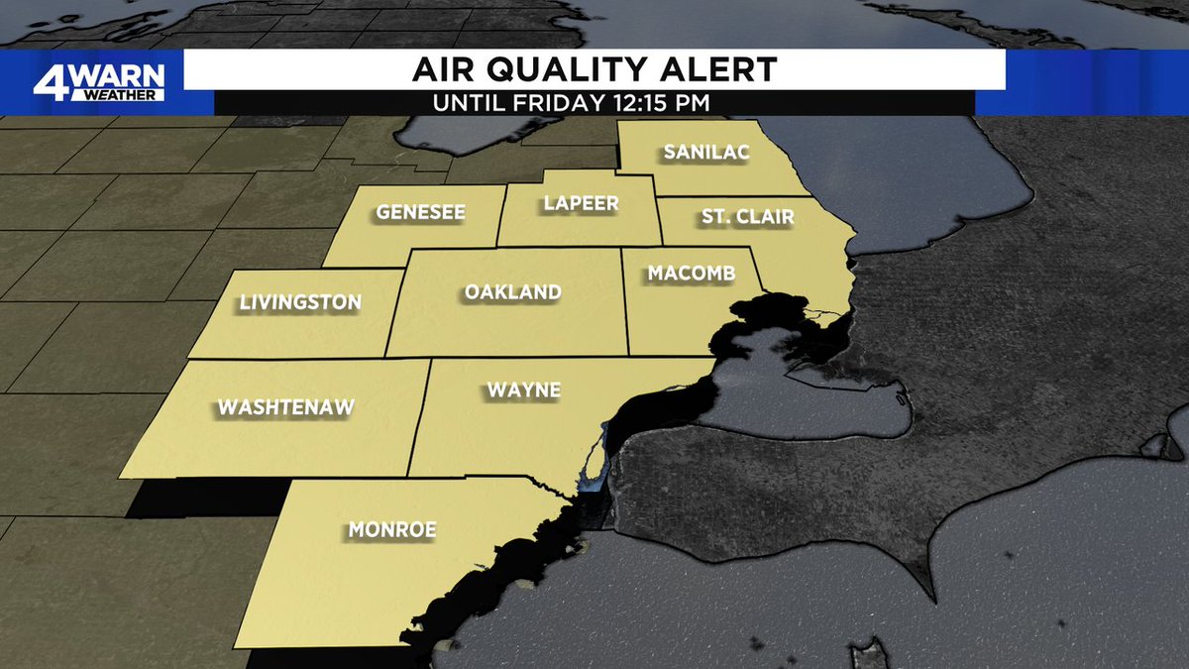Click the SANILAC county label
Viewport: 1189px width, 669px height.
pos(705,153)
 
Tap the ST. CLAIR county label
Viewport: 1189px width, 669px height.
pos(747,217)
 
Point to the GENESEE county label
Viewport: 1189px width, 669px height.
pos(420,212)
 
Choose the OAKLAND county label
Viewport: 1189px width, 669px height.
pos(512,292)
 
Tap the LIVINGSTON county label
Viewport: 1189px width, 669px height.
pos(300,302)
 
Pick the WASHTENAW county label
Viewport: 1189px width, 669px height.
pos(285,406)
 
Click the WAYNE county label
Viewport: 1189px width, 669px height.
pos(523,390)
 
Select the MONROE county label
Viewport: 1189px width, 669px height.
pos(392,530)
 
